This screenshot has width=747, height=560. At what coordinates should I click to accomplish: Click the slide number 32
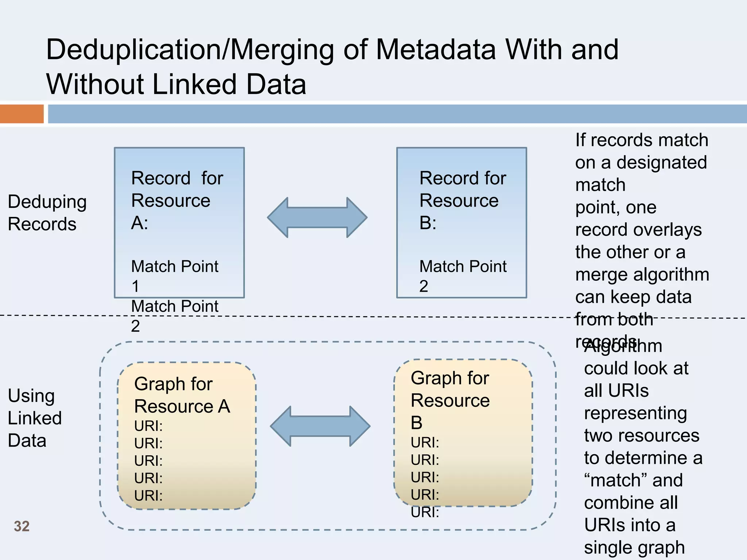click(22, 526)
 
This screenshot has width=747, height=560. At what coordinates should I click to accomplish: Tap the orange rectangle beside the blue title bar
click(22, 114)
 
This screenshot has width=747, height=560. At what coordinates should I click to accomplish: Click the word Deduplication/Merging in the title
click(190, 50)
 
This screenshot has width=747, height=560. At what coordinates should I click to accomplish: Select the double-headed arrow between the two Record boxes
click(317, 218)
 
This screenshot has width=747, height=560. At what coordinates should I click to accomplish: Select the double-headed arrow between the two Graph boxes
click(320, 426)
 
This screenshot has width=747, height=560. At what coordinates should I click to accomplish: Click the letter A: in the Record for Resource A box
click(139, 223)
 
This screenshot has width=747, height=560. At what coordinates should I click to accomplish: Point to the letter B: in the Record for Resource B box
click(427, 223)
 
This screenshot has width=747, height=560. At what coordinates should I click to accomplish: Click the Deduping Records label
click(47, 213)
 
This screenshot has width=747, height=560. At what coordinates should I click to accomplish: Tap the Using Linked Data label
click(34, 418)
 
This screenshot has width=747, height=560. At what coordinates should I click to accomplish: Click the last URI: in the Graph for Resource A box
click(148, 496)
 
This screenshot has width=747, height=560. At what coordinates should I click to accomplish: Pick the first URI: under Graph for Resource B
click(425, 443)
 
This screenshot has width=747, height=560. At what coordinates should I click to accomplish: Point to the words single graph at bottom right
click(634, 547)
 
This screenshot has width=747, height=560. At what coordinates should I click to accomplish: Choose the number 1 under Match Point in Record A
click(135, 286)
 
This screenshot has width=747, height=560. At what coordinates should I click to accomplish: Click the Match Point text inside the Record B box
click(462, 267)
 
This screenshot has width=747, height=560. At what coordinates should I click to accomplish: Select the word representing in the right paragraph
click(635, 413)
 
